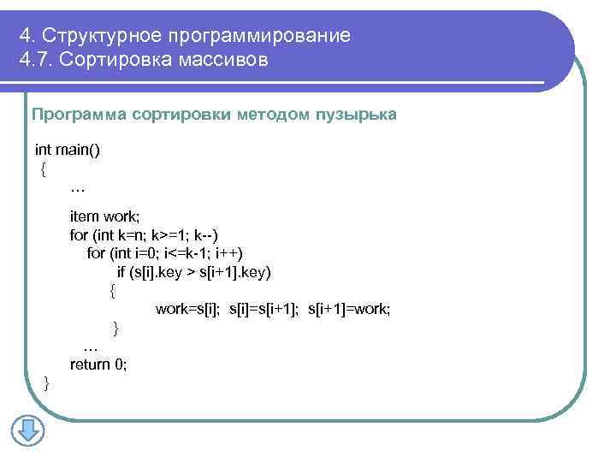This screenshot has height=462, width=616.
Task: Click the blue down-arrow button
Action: point(27,430)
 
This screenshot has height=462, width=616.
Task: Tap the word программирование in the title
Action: point(259,36)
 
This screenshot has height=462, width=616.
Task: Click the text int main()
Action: point(68,150)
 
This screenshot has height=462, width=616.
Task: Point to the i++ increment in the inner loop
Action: point(228,253)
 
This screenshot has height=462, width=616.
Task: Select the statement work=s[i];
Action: point(189,309)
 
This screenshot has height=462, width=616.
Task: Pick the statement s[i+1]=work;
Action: point(348,309)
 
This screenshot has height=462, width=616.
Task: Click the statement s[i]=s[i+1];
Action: point(264,309)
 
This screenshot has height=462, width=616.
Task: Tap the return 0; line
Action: point(98,364)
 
